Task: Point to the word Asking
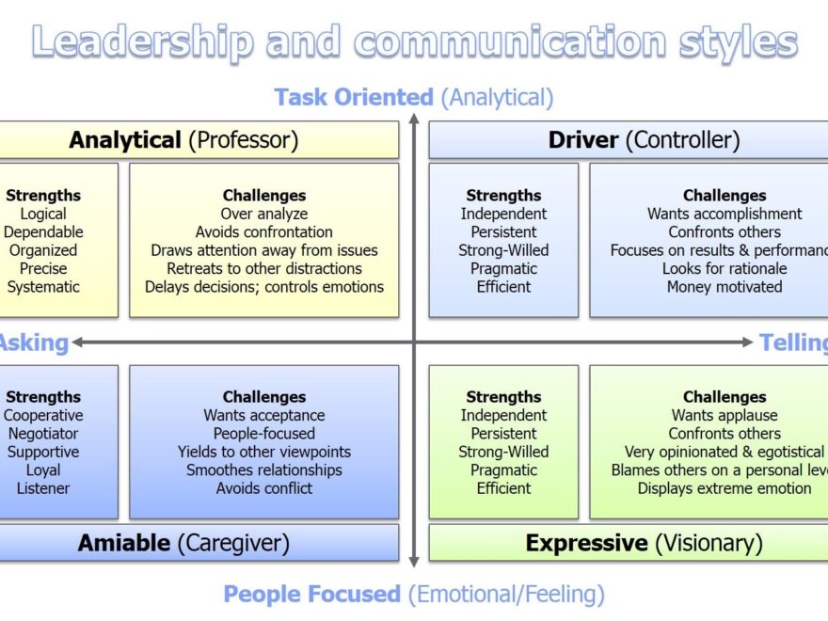tap(34, 342)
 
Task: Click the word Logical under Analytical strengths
tap(43, 214)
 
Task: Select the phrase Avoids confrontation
tap(264, 231)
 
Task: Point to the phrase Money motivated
tap(724, 287)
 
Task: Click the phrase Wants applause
tap(724, 415)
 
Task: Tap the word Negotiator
tap(43, 434)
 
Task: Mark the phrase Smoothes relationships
tap(264, 470)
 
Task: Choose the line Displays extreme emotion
tap(724, 488)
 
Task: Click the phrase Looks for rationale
tap(724, 268)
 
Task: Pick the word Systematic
tap(43, 287)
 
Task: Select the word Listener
tap(43, 488)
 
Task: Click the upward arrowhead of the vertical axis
tap(413, 119)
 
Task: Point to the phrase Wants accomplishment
tap(724, 214)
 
